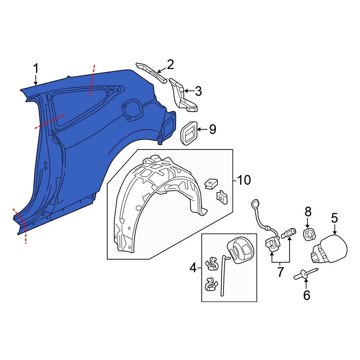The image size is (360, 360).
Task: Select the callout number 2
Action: (170, 65)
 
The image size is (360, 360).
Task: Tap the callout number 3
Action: (198, 91)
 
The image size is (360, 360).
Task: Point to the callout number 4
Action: (193, 268)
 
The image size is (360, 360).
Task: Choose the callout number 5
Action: (334, 218)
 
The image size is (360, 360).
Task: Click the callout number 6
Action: (306, 295)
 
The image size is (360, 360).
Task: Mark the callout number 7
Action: (280, 272)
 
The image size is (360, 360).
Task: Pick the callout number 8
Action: (308, 212)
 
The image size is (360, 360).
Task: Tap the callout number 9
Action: (212, 130)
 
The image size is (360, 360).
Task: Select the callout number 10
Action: (244, 180)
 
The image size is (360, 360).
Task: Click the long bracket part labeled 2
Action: (151, 72)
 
